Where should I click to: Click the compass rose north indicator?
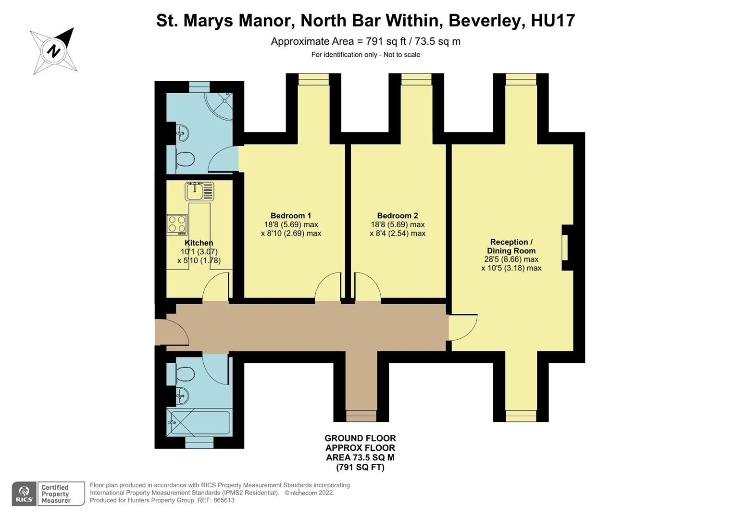(x=54, y=50)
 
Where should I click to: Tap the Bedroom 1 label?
(x=290, y=216)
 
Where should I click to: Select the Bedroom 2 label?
(x=397, y=216)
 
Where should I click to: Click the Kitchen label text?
(x=199, y=243)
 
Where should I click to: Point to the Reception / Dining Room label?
(x=511, y=247)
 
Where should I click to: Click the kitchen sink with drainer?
(x=199, y=191)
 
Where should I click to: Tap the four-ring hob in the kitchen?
(x=176, y=224)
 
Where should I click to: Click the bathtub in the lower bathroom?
(x=199, y=422)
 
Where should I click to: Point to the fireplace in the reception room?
(x=566, y=247)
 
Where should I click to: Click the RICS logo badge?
(x=24, y=494)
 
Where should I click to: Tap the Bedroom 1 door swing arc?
(x=328, y=287)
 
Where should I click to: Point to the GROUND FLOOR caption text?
(x=360, y=438)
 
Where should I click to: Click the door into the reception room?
(x=462, y=327)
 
